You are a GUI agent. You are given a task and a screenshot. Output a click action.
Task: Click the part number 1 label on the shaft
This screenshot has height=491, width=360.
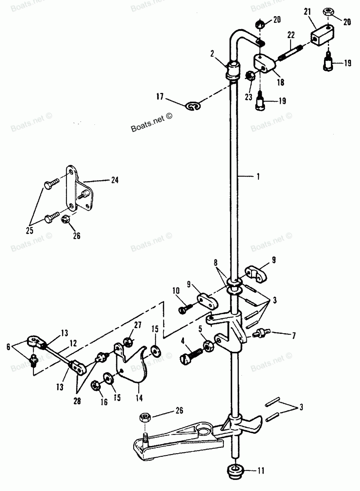click(x=258, y=176)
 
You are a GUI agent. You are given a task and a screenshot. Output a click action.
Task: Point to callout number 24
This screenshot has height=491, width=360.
click(x=114, y=180)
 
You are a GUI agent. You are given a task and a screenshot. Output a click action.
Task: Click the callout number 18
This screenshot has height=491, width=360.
click(x=280, y=82)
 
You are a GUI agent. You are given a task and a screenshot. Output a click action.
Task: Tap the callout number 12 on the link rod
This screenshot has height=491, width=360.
click(x=73, y=343)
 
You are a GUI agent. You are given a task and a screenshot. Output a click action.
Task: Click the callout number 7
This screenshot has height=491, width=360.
click(x=294, y=336)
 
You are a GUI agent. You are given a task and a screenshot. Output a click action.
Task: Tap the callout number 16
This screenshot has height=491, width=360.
click(x=104, y=402)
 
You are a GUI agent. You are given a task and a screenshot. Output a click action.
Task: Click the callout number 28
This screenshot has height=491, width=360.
click(x=77, y=401)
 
